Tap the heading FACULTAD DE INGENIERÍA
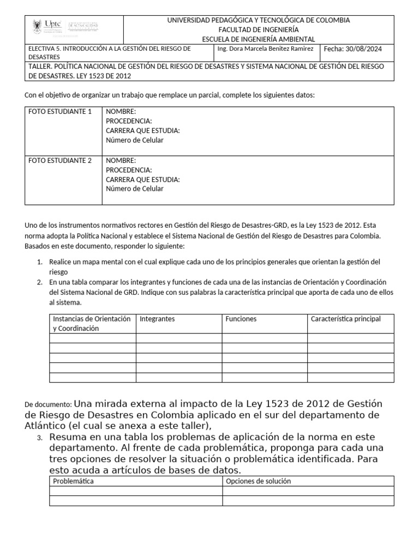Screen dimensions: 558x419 pyautogui.click(x=259, y=29)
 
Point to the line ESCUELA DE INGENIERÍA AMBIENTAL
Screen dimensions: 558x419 pyautogui.click(x=259, y=39)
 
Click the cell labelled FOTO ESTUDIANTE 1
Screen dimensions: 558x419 pyautogui.click(x=60, y=112)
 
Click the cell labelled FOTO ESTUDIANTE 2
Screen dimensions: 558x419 pyautogui.click(x=60, y=161)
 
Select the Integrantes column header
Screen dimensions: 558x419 pyautogui.click(x=157, y=319)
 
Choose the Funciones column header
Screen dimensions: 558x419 pyautogui.click(x=241, y=319)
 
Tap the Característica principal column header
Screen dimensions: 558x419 pyautogui.click(x=345, y=319)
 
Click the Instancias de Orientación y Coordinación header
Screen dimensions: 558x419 pyautogui.click(x=92, y=324)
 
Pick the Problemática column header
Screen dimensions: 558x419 pyautogui.click(x=73, y=481)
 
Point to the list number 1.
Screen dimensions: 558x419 pyautogui.click(x=40, y=262)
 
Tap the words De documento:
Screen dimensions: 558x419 pyautogui.click(x=48, y=405)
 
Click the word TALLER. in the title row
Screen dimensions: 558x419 pyautogui.click(x=40, y=66)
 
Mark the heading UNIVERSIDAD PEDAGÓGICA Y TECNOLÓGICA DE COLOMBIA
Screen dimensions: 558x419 pyautogui.click(x=259, y=20)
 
